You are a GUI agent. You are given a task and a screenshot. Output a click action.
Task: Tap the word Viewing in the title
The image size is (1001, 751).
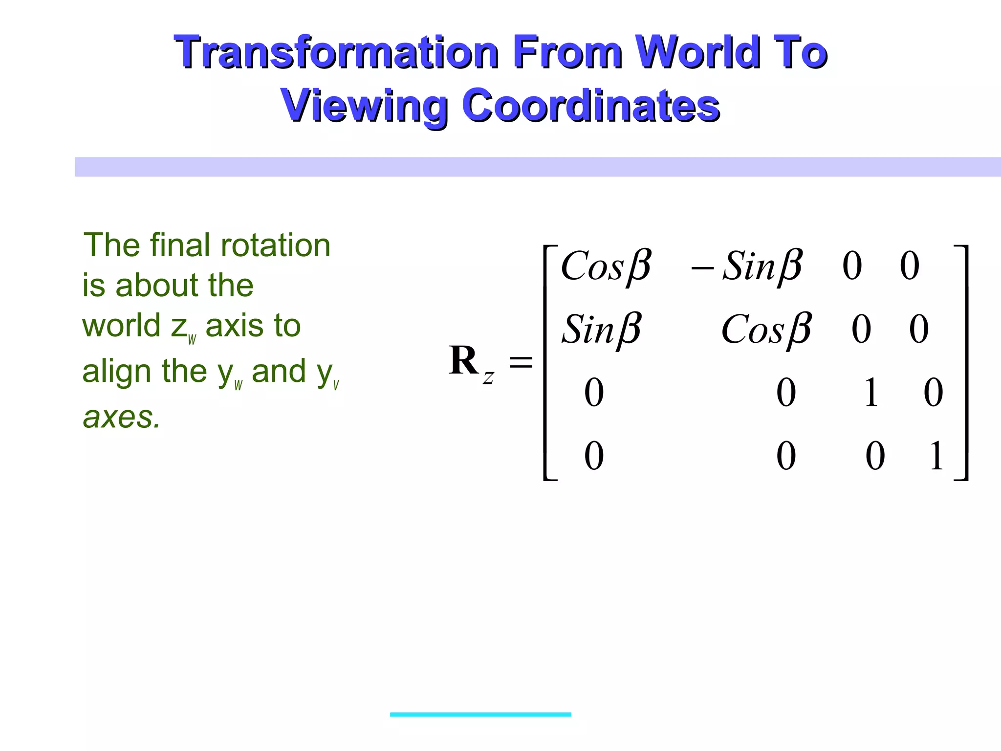(364, 106)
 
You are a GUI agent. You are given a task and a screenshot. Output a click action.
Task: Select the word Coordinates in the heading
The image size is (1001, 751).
(590, 106)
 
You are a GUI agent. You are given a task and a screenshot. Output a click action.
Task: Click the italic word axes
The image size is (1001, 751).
(122, 418)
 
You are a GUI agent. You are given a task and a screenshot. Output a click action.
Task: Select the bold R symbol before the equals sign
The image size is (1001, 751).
(463, 361)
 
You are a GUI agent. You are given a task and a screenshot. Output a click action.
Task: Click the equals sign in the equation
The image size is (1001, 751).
(521, 362)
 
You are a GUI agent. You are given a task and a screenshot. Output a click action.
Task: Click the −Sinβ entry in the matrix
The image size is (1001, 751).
(746, 267)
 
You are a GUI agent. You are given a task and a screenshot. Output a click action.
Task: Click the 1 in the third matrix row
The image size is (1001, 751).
(870, 393)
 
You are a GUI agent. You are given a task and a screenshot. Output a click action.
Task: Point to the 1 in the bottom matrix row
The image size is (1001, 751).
(936, 456)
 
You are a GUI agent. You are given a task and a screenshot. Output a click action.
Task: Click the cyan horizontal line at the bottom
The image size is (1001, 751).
(480, 714)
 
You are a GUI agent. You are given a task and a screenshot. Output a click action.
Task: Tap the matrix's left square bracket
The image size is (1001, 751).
(547, 362)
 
